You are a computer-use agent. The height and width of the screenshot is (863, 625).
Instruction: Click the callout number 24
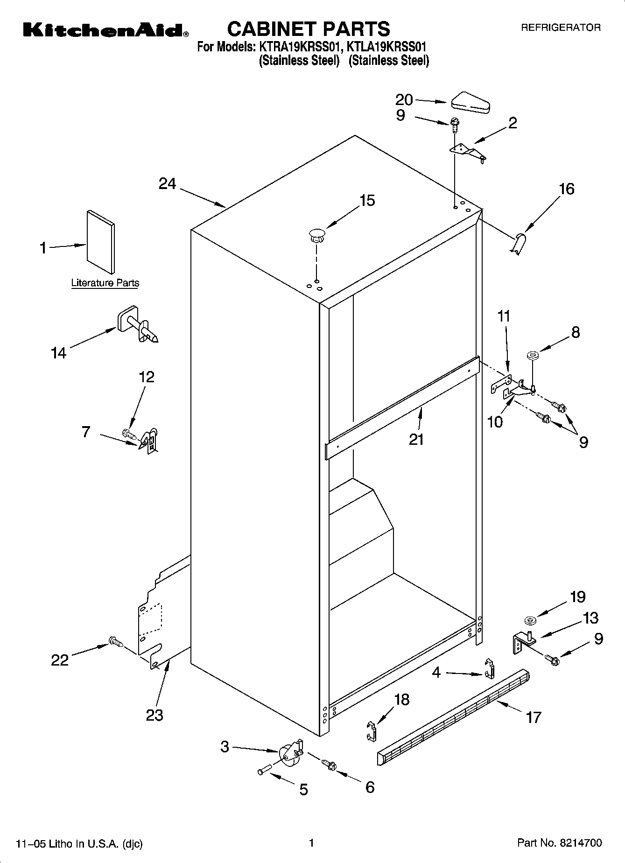167,184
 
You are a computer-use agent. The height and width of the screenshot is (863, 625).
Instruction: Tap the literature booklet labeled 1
100,242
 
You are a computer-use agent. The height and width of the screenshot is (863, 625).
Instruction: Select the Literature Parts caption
105,283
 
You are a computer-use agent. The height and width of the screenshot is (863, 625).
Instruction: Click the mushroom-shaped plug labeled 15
316,234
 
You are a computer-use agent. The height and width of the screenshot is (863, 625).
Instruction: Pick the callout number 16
566,189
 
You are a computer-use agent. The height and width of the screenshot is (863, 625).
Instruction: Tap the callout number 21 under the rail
416,439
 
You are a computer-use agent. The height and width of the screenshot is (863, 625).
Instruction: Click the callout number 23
154,715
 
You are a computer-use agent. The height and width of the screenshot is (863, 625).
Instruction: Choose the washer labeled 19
530,620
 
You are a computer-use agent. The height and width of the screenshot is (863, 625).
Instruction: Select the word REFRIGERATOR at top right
561,28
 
